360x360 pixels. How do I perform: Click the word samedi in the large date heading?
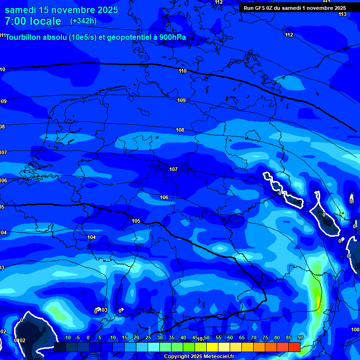[x=22, y=10]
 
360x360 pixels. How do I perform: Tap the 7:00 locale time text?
[x=33, y=21]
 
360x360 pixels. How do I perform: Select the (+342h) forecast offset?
[x=83, y=21]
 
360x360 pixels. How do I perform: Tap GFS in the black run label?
[x=261, y=8]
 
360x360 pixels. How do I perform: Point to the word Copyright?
[x=177, y=357]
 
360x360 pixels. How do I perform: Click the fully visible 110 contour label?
[x=182, y=71]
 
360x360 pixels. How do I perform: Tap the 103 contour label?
[x=103, y=310]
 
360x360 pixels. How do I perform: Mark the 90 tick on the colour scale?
[x=300, y=337]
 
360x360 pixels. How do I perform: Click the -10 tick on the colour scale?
[x=67, y=337]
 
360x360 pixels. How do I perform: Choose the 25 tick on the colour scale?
[x=148, y=337]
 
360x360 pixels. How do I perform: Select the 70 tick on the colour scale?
[x=253, y=337]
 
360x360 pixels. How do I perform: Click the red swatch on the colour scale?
[x=294, y=347]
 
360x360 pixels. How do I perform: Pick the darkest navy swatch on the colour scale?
[x=60, y=347]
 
